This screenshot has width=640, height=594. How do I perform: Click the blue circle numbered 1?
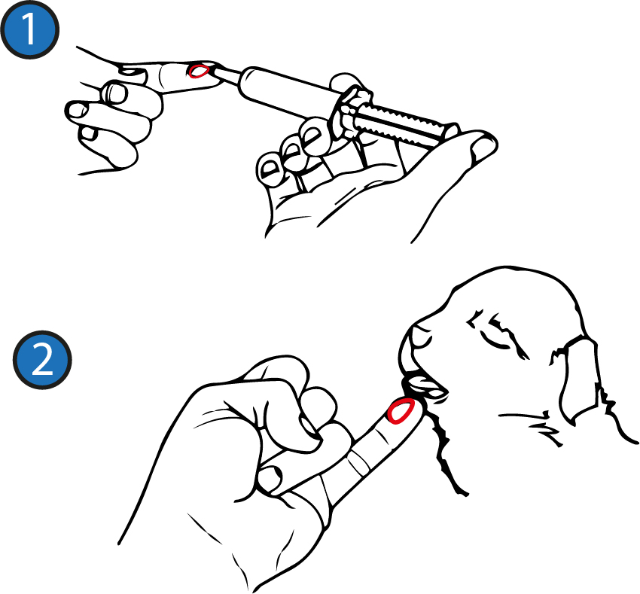(x=30, y=29)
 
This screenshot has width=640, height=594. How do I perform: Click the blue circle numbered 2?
(x=42, y=360)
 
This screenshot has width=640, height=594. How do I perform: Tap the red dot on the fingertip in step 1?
(x=198, y=71)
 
